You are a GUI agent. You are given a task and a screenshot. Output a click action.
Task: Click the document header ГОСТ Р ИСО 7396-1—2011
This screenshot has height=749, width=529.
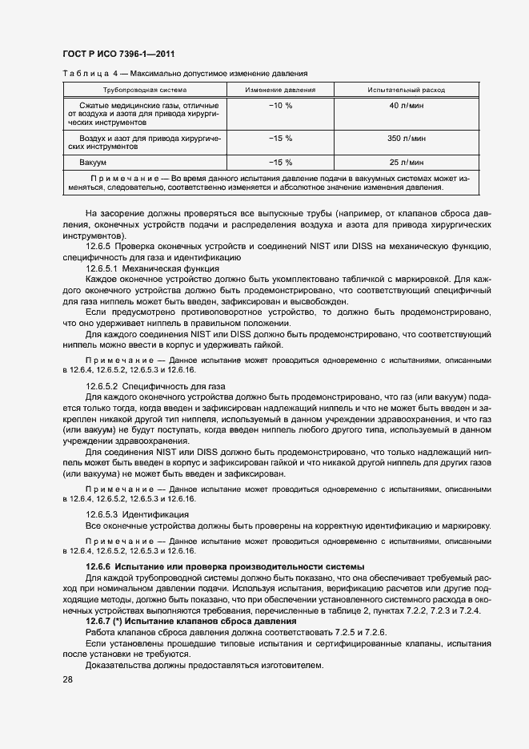pos(118,54)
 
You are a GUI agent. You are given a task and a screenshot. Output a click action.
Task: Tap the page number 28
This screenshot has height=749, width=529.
pos(67,679)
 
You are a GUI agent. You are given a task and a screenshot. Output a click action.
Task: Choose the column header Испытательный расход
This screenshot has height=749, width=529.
pos(405,90)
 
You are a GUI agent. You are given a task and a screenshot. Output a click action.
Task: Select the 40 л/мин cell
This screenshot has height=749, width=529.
pos(405,106)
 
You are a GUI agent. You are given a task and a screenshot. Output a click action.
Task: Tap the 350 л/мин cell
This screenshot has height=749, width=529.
pos(405,139)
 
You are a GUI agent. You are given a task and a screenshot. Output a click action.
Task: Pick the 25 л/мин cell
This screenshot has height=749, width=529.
pos(405,162)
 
